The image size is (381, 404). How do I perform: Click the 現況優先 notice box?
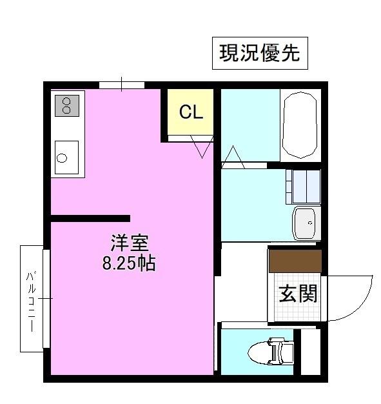click(260, 53)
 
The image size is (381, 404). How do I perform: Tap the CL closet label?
click(191, 112)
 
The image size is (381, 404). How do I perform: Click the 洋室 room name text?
click(130, 243)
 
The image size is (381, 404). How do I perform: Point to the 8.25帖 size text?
click(129, 263)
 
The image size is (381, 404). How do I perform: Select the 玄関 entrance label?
click(298, 293)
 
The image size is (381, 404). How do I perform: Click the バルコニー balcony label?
click(31, 301)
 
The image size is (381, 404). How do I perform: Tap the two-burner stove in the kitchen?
click(67, 106)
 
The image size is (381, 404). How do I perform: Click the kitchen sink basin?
click(66, 157)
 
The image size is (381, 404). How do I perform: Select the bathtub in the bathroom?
click(300, 125)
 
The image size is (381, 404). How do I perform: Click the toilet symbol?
click(271, 352)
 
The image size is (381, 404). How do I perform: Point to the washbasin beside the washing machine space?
click(306, 223)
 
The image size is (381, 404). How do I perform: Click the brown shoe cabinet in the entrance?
click(295, 261)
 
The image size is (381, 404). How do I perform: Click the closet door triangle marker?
click(202, 147)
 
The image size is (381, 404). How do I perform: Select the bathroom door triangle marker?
click(233, 157)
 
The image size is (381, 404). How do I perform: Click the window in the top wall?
click(122, 85)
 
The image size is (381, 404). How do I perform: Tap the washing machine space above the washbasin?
click(303, 187)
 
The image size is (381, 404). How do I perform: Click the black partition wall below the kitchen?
click(90, 218)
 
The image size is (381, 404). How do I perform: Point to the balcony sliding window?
click(46, 299)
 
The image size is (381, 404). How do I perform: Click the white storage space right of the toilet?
click(311, 352)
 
